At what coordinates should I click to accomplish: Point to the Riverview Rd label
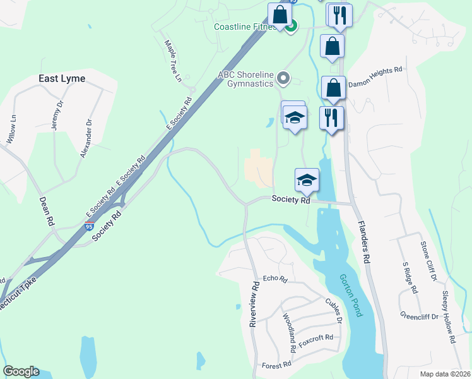coord(254,304)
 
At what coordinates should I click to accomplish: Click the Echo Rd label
coord(275,279)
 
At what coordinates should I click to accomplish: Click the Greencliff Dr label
coord(419,315)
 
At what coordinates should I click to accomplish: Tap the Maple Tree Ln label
coord(173,61)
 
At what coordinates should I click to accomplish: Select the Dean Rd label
coord(47,212)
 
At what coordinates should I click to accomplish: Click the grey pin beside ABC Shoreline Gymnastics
coord(283,79)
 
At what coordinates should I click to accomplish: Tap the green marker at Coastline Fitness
coord(292,27)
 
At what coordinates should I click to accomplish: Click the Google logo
coord(21,371)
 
